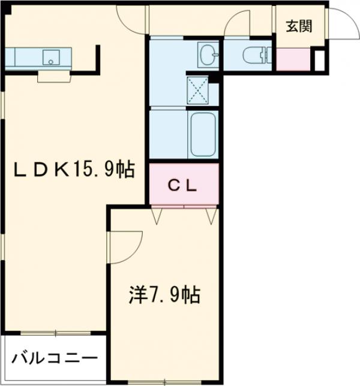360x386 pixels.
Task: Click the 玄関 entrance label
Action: coord(298,26)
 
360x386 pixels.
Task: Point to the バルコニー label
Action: coord(53,359)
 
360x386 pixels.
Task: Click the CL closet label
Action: coord(182,185)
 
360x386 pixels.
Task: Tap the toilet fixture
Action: coord(253,56)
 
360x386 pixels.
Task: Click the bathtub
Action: coord(203,135)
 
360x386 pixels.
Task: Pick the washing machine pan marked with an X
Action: coord(199,90)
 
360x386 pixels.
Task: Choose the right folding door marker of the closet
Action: coord(210,216)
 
